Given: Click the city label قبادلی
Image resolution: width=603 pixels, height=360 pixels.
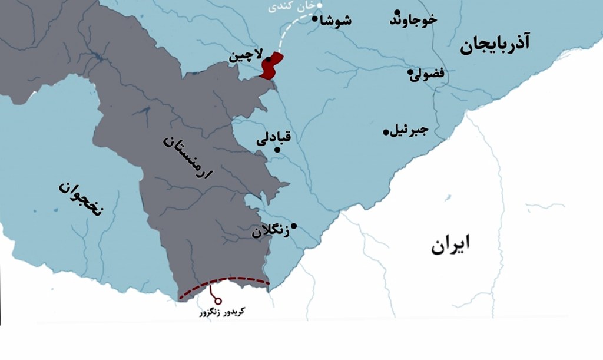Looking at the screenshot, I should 274,138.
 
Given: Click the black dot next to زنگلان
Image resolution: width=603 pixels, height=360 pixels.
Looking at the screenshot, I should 293,226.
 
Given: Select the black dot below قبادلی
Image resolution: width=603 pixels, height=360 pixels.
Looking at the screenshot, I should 277,150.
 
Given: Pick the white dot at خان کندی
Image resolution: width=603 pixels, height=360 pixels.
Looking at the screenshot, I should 320,5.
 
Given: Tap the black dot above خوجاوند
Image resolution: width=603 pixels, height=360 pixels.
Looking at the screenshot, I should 398,12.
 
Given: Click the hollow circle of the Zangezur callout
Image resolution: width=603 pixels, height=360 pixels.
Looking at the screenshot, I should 218,301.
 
